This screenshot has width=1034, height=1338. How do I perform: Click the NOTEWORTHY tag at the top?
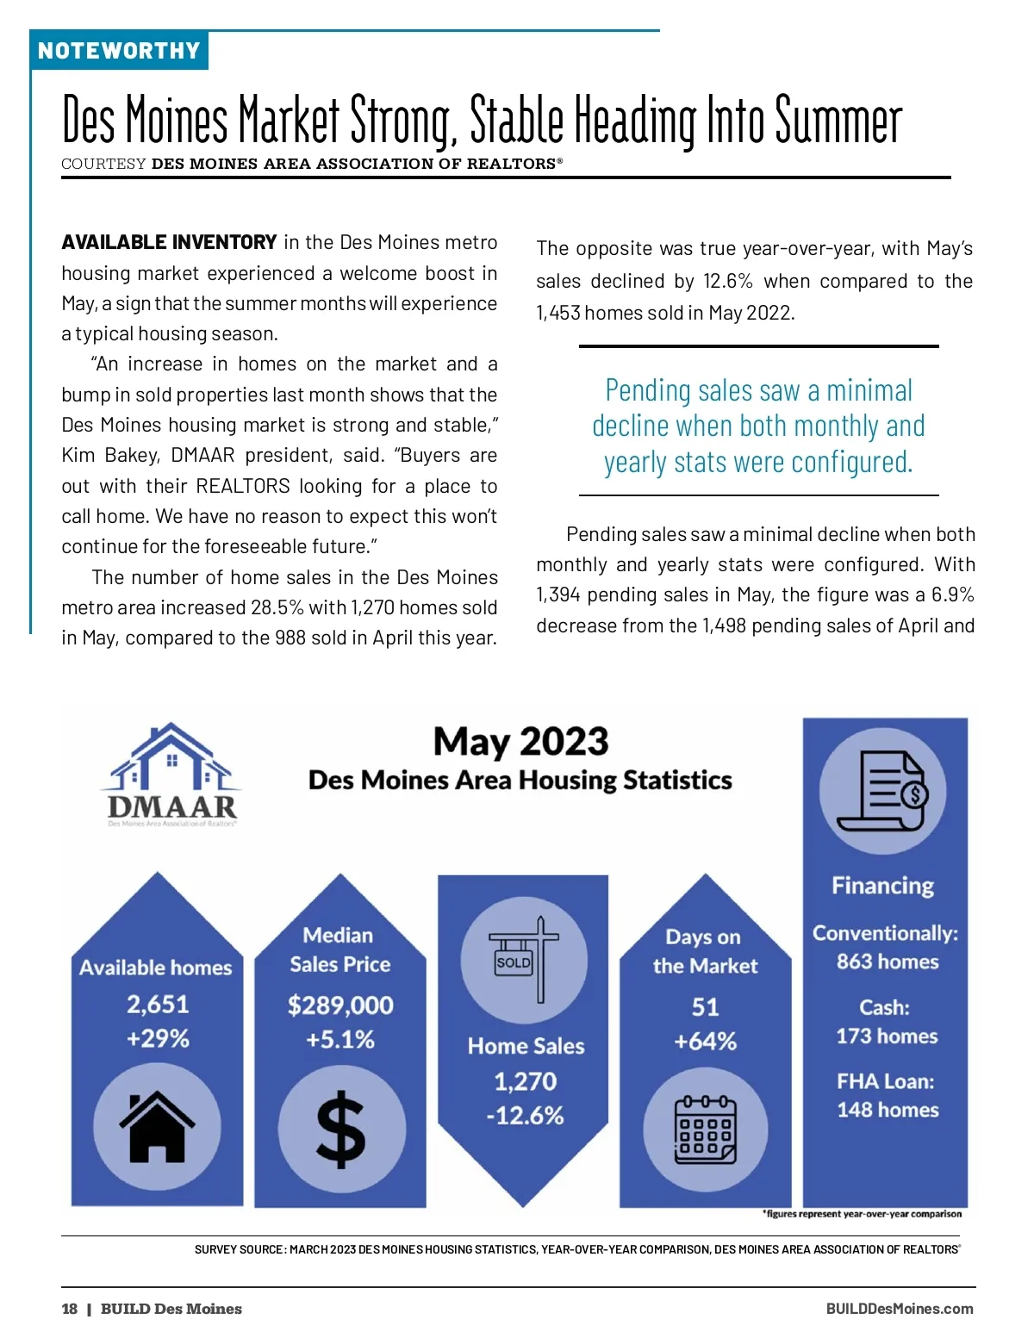(119, 51)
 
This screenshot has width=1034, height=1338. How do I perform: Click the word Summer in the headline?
(838, 121)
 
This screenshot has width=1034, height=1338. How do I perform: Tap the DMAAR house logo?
(172, 773)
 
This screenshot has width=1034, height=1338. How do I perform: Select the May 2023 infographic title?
(520, 742)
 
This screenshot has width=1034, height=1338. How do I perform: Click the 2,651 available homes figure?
(158, 1005)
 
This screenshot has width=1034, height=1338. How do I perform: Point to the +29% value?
(158, 1038)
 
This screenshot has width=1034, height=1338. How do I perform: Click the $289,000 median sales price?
(340, 1005)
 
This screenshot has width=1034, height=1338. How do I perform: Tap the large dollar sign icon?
(341, 1130)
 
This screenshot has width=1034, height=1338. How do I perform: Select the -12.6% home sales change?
(525, 1116)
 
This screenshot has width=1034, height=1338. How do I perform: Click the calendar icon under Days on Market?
(705, 1130)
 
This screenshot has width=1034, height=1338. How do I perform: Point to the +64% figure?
(705, 1042)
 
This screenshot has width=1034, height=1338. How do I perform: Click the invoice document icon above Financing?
(882, 790)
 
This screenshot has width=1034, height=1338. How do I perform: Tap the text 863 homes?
(888, 961)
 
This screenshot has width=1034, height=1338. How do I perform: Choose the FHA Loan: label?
(885, 1081)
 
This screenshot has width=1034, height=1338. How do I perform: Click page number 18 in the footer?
(70, 1309)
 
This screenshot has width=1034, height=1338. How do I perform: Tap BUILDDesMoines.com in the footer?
(899, 1309)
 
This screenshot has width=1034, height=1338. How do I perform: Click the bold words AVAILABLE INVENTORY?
(169, 242)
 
